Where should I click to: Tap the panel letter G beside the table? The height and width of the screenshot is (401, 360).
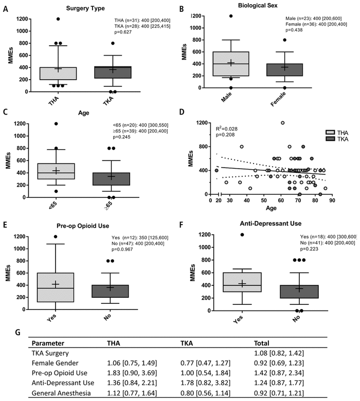[19, 333]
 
